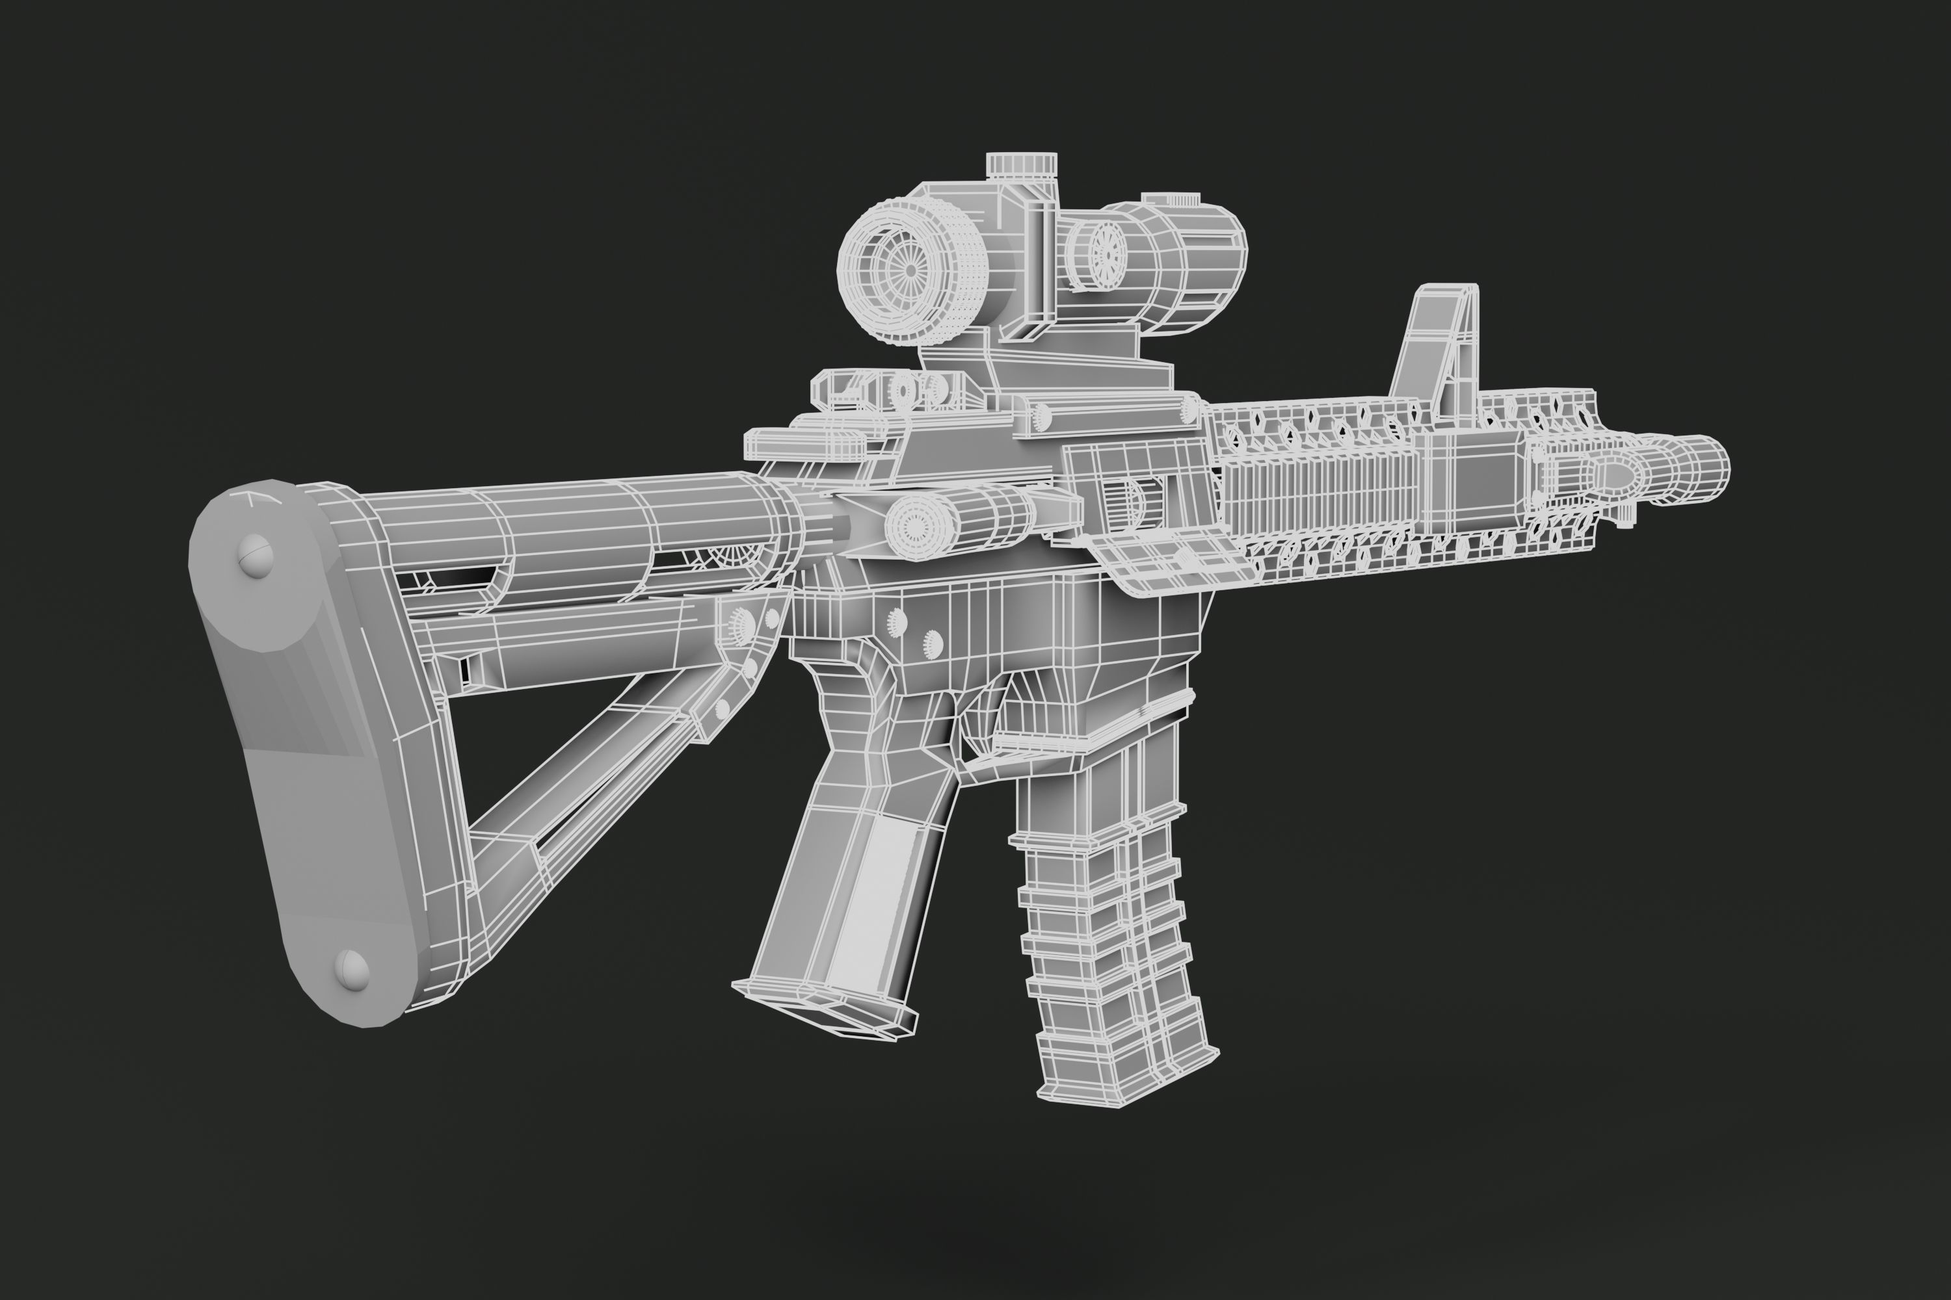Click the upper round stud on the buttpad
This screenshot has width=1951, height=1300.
[256, 554]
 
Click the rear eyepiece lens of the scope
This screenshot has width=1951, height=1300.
[909, 270]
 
